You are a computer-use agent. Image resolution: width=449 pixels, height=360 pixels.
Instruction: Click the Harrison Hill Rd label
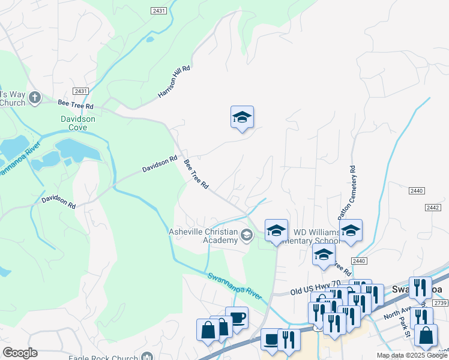click(x=173, y=82)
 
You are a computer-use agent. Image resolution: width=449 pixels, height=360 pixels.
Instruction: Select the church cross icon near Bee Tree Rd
click(x=35, y=97)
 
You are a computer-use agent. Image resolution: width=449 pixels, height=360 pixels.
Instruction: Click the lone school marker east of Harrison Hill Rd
click(x=242, y=117)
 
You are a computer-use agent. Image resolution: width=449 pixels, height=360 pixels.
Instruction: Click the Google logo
click(x=20, y=353)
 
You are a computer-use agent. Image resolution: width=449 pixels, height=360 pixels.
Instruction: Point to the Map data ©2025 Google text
click(x=412, y=355)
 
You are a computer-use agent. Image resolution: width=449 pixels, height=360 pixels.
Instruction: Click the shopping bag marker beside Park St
click(x=426, y=335)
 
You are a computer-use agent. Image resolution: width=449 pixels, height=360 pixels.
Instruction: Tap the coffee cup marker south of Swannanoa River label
click(x=237, y=317)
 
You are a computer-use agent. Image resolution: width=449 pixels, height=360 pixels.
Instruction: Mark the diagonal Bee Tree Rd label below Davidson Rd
click(x=196, y=175)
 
